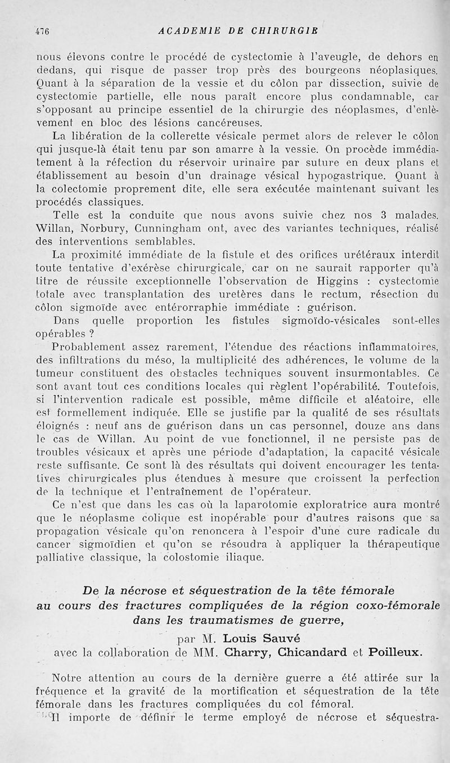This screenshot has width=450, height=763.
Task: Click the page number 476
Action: click(x=43, y=32)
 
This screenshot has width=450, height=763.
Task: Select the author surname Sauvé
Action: click(x=305, y=638)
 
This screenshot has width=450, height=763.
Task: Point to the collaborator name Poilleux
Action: click(x=389, y=652)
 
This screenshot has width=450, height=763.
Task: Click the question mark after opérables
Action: click(x=89, y=333)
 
